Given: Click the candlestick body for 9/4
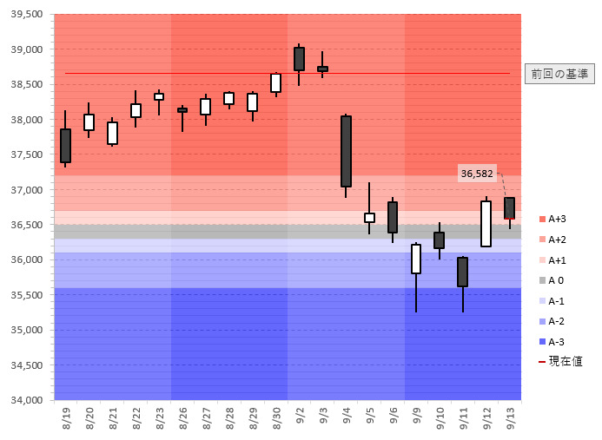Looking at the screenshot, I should click(x=346, y=151).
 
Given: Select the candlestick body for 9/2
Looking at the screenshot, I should click(x=299, y=59).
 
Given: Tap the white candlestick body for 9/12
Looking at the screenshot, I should click(x=486, y=224).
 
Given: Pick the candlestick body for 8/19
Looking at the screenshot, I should click(x=65, y=145).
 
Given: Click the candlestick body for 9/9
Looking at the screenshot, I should click(x=416, y=259).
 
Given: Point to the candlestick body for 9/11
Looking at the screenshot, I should click(x=463, y=272).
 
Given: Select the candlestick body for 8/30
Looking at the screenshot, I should click(x=275, y=82).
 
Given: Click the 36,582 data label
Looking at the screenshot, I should click(x=477, y=174).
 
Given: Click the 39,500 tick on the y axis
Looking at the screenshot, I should click(x=25, y=15).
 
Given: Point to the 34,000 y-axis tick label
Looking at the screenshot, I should click(x=25, y=400).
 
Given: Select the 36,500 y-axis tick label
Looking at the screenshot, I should click(x=25, y=225).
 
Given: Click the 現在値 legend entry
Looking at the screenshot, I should click(x=560, y=361).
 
